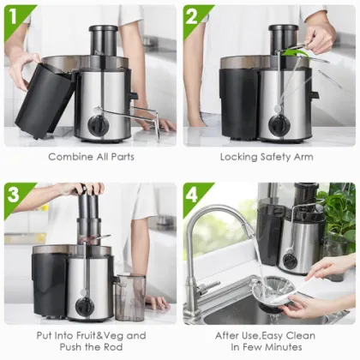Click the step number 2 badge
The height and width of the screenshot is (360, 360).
pyautogui.click(x=194, y=15)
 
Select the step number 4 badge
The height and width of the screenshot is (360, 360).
pyautogui.click(x=194, y=193)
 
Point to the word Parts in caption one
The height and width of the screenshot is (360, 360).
pyautogui.click(x=121, y=157)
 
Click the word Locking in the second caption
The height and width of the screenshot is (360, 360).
pyautogui.click(x=240, y=157)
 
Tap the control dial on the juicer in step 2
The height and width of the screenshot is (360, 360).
pyautogui.click(x=279, y=124)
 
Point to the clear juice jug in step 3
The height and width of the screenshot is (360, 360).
pyautogui.click(x=129, y=297)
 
